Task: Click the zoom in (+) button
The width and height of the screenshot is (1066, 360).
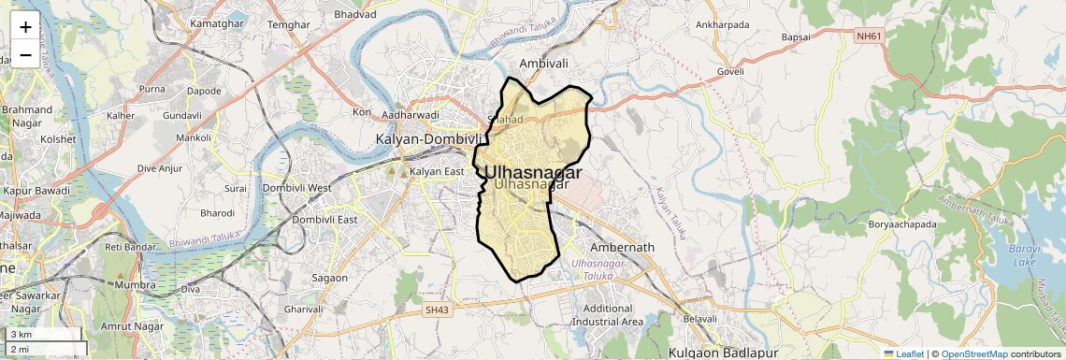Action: point(25,27)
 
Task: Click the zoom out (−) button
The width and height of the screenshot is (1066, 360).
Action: point(25,54)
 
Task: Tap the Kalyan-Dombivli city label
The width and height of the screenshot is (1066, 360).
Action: point(426,138)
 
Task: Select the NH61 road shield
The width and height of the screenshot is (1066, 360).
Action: point(869,36)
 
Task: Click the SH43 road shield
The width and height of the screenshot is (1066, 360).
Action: point(436,309)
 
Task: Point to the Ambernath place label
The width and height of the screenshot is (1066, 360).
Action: point(622,248)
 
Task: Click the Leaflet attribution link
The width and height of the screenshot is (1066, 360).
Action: point(903,353)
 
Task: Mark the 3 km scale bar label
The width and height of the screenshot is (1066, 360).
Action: point(21,334)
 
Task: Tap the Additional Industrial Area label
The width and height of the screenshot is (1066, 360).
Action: point(613,315)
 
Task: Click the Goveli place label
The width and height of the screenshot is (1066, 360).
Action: point(729,71)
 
